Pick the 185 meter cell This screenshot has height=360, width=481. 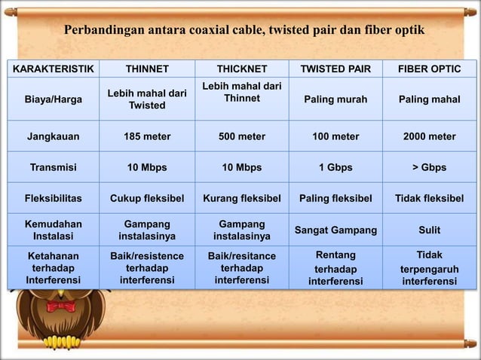click(147, 137)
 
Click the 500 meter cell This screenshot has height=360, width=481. click(241, 137)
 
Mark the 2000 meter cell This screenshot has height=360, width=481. click(430, 137)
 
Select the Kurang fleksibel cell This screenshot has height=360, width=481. click(241, 199)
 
